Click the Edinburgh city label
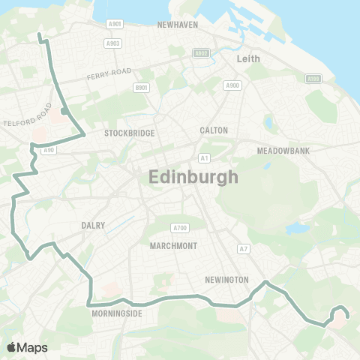tap(193, 178)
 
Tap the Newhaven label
tap(177, 25)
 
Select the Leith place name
tap(247, 58)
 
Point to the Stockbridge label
tap(130, 133)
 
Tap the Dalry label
tap(93, 225)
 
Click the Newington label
tap(226, 280)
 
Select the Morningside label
tap(116, 313)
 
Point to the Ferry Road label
tap(109, 74)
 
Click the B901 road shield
tap(141, 88)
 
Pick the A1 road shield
tap(204, 158)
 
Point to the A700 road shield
tap(179, 227)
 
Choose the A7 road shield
tap(243, 248)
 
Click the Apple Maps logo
tap(27, 347)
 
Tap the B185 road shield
tap(313, 79)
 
